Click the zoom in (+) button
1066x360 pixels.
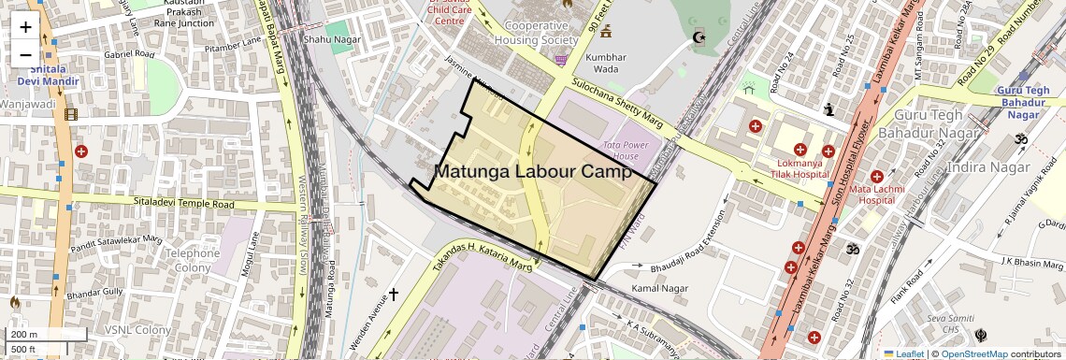[x=25, y=26]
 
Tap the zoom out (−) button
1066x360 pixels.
[x=25, y=55]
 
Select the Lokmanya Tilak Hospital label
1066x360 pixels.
[x=789, y=167]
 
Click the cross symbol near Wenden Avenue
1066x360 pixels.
[x=394, y=295]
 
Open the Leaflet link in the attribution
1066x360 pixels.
[x=903, y=353]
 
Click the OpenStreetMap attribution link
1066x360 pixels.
[x=973, y=353]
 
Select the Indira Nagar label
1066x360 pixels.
[x=987, y=167]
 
